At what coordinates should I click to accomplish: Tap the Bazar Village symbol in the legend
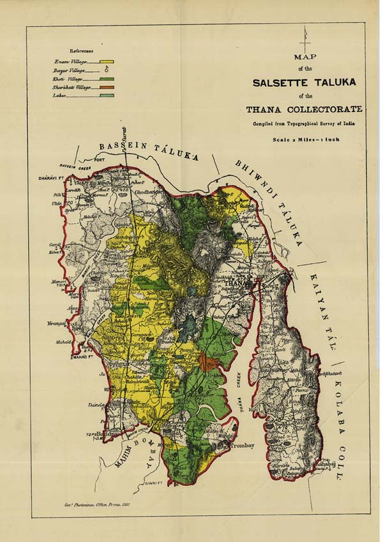click(x=106, y=70)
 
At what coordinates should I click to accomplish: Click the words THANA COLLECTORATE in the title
click(x=308, y=110)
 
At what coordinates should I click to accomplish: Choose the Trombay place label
click(x=242, y=445)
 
